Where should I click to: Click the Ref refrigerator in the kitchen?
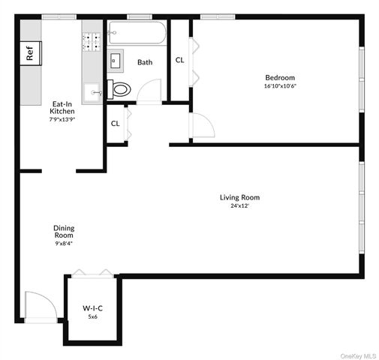click(30, 53)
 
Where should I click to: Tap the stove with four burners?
click(92, 41)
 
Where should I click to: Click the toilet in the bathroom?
click(120, 89)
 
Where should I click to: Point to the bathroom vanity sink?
click(117, 60)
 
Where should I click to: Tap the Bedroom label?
click(279, 77)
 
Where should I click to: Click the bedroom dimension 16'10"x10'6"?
click(279, 85)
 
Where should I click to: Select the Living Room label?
click(239, 197)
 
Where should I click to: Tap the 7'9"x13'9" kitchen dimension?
click(62, 119)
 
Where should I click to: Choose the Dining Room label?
click(64, 231)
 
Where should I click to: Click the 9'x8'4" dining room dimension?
click(64, 243)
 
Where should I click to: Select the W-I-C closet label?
click(92, 307)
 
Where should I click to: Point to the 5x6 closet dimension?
click(92, 316)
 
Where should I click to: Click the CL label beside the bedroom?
click(180, 60)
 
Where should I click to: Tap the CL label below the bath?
click(116, 124)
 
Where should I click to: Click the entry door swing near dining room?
click(41, 306)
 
